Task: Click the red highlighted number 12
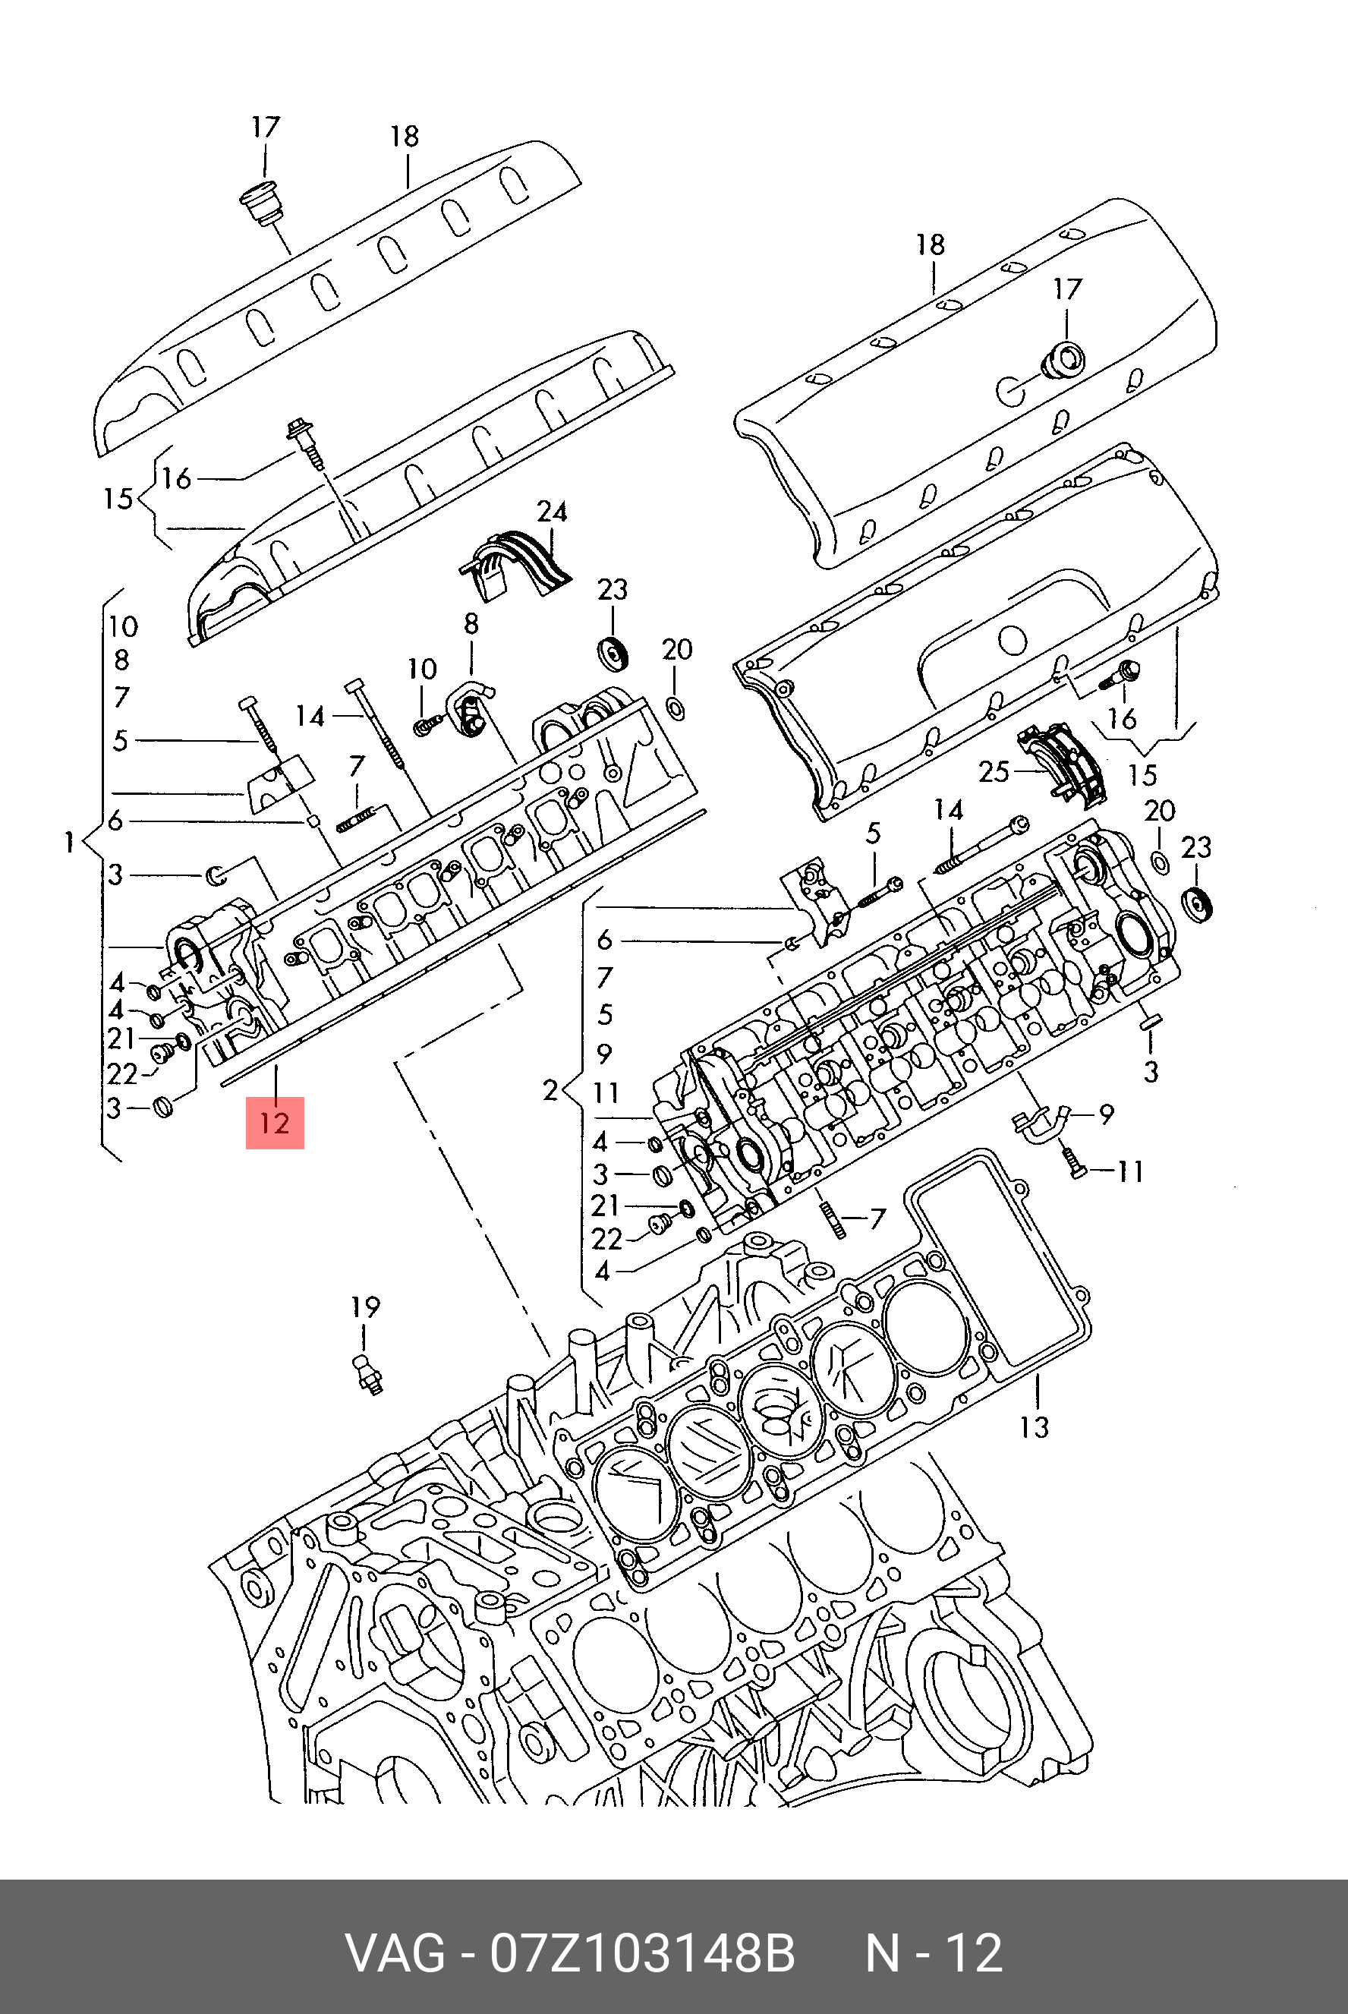pyautogui.click(x=274, y=1123)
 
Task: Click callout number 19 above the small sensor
pyautogui.click(x=365, y=1308)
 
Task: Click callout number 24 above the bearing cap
pyautogui.click(x=552, y=512)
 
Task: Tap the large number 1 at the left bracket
pyautogui.click(x=69, y=843)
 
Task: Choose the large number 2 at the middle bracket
pyautogui.click(x=551, y=1091)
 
